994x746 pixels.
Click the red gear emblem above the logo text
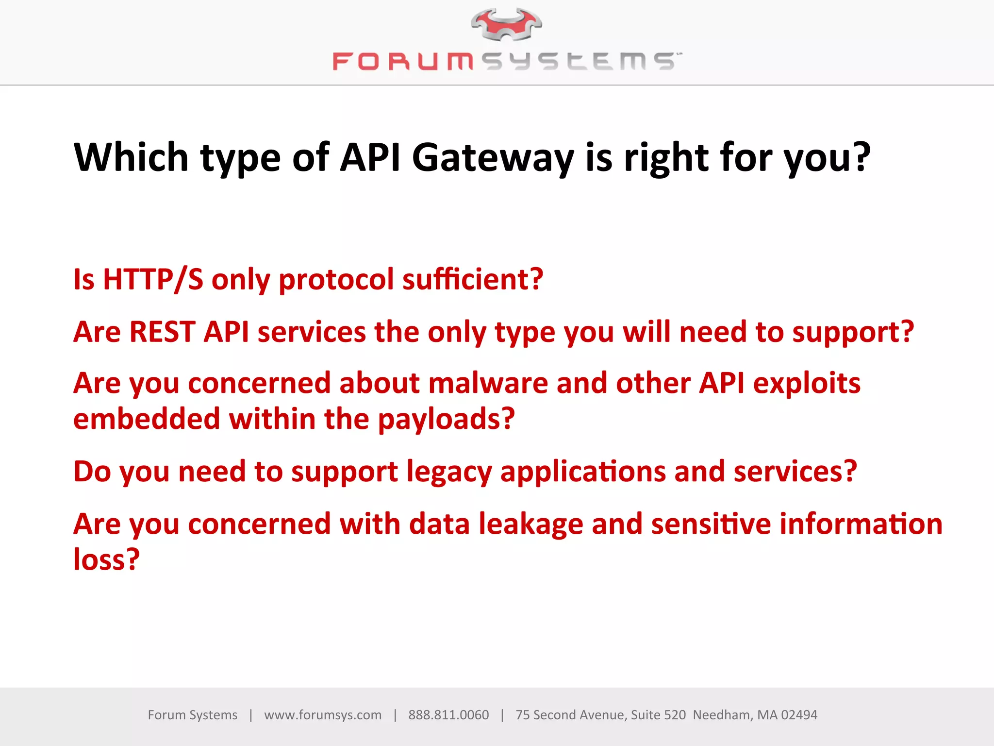[x=506, y=24]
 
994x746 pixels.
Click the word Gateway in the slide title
[x=493, y=157]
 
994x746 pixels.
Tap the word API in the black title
[x=370, y=157]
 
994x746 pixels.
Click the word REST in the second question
[x=162, y=332]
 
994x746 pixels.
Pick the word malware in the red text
[x=488, y=384]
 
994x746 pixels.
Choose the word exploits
[x=807, y=384]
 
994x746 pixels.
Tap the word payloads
[x=446, y=419]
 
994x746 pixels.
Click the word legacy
[x=449, y=472]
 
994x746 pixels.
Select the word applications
[x=583, y=472]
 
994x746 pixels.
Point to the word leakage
[x=531, y=525]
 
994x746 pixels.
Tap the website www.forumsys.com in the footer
[x=323, y=715]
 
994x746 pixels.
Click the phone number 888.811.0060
[x=448, y=715]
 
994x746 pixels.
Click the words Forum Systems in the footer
[x=193, y=715]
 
